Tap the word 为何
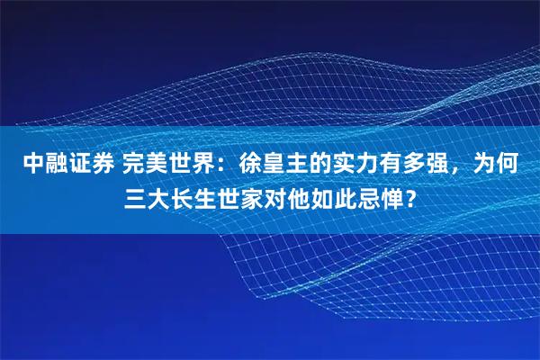(x=498, y=164)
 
